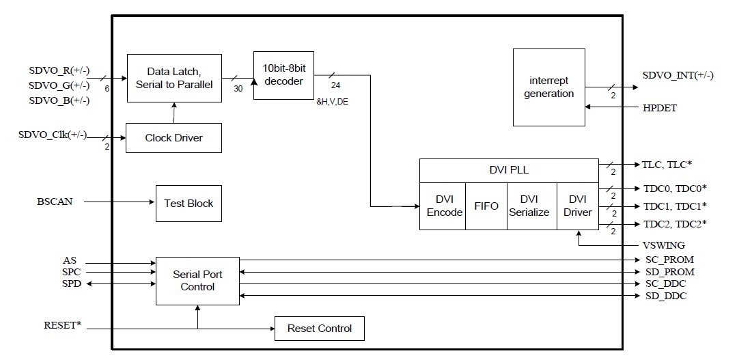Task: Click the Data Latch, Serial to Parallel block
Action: (174, 78)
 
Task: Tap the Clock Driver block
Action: (174, 138)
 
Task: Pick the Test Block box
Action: (189, 203)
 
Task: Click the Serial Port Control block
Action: (197, 281)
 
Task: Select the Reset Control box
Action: (319, 329)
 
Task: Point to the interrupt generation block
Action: (548, 87)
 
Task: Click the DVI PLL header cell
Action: (508, 171)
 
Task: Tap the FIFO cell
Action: (486, 206)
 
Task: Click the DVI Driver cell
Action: (577, 206)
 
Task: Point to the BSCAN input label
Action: (54, 202)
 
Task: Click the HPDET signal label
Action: (659, 108)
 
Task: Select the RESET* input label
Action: (62, 324)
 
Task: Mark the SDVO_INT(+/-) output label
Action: (678, 75)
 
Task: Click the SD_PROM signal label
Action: (669, 272)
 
